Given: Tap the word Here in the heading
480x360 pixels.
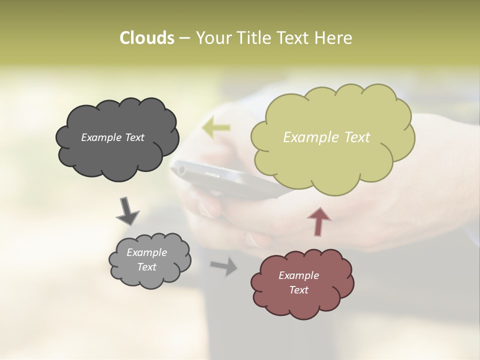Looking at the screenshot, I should click(334, 38).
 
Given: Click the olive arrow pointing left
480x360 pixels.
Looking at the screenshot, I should click(216, 128).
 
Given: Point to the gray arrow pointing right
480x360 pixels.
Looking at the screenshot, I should click(224, 266).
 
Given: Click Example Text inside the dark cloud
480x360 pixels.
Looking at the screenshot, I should click(112, 137).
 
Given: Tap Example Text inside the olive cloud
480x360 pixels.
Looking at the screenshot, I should click(326, 137).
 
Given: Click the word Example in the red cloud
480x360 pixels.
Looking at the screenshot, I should click(298, 275).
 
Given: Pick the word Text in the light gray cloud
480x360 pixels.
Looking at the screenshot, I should click(147, 267).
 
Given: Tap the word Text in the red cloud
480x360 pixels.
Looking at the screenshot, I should click(298, 290).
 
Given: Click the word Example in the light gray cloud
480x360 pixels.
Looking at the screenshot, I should click(147, 252).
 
